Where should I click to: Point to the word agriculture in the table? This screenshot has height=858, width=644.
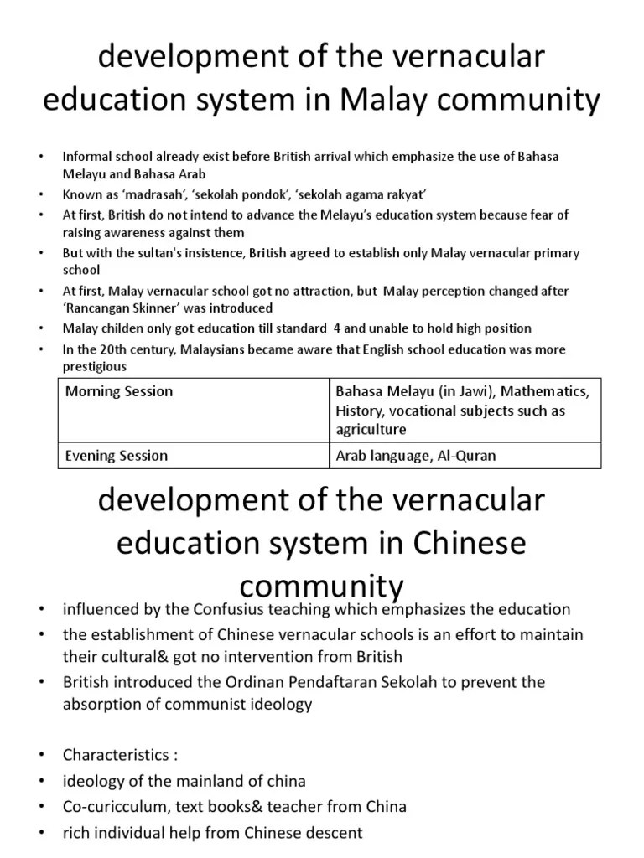371,430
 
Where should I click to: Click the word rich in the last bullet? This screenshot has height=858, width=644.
78,832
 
